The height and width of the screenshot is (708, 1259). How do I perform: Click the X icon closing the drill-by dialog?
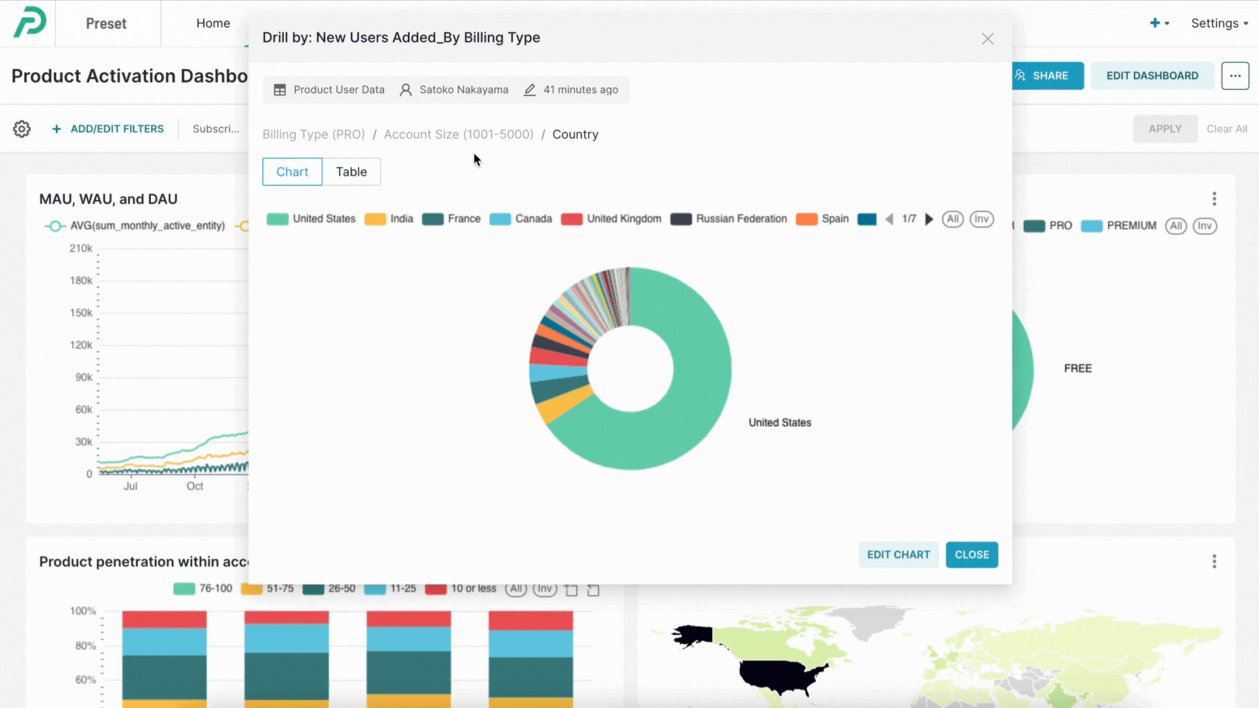(x=988, y=39)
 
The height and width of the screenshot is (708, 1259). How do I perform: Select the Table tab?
(x=351, y=172)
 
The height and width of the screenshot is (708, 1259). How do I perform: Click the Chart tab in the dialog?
(x=292, y=172)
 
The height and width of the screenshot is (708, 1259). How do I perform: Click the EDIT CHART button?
(x=898, y=555)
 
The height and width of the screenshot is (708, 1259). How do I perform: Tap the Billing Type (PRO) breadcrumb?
(x=313, y=134)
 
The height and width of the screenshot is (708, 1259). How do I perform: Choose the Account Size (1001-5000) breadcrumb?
(x=458, y=134)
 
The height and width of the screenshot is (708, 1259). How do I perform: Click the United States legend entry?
(x=311, y=219)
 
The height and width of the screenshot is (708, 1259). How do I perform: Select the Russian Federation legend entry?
(x=729, y=219)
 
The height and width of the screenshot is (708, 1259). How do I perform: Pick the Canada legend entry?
(x=521, y=219)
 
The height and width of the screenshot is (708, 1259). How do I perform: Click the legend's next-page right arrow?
(x=929, y=219)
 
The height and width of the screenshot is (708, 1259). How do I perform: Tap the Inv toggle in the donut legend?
(x=981, y=219)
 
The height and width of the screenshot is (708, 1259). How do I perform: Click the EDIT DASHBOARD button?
(x=1152, y=76)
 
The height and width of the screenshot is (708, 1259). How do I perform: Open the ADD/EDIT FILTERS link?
(x=109, y=129)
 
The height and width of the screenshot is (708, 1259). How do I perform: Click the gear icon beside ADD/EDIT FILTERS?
(x=22, y=129)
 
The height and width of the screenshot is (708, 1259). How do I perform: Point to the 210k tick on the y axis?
(x=81, y=248)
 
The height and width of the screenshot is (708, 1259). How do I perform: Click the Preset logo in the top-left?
(x=30, y=22)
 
